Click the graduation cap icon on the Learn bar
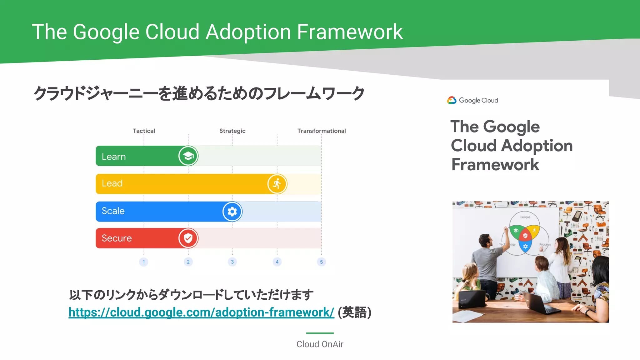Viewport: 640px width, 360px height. (188, 156)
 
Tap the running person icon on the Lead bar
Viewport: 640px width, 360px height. (277, 184)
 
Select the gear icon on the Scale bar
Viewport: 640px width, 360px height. (232, 212)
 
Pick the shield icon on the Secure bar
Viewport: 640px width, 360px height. (188, 238)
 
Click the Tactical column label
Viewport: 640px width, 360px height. (144, 131)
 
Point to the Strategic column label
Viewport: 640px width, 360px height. (232, 131)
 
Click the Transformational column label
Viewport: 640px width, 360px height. (321, 131)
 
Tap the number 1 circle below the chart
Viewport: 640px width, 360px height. (144, 262)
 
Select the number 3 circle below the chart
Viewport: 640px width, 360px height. (232, 262)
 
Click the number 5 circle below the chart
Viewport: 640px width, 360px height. (321, 262)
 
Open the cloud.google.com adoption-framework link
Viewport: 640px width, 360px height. (201, 312)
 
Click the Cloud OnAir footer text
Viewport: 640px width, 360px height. (320, 344)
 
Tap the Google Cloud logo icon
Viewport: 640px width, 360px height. (452, 100)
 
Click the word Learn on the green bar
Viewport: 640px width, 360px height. (114, 157)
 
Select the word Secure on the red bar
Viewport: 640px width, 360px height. (117, 238)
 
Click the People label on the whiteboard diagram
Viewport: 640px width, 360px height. (525, 217)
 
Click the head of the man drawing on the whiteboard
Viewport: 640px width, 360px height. (485, 240)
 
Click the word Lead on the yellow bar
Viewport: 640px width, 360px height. (112, 183)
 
